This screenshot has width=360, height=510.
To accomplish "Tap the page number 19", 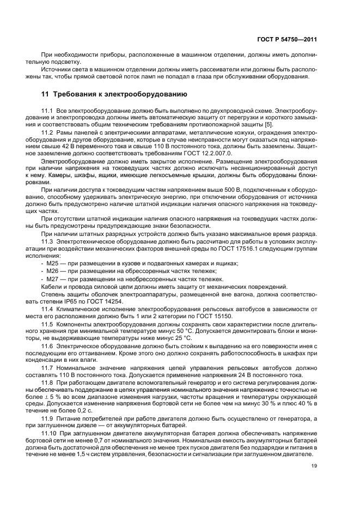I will (x=314, y=466).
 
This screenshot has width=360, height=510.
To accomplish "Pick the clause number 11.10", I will (x=49, y=432).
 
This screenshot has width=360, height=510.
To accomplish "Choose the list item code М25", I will (x=52, y=263).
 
